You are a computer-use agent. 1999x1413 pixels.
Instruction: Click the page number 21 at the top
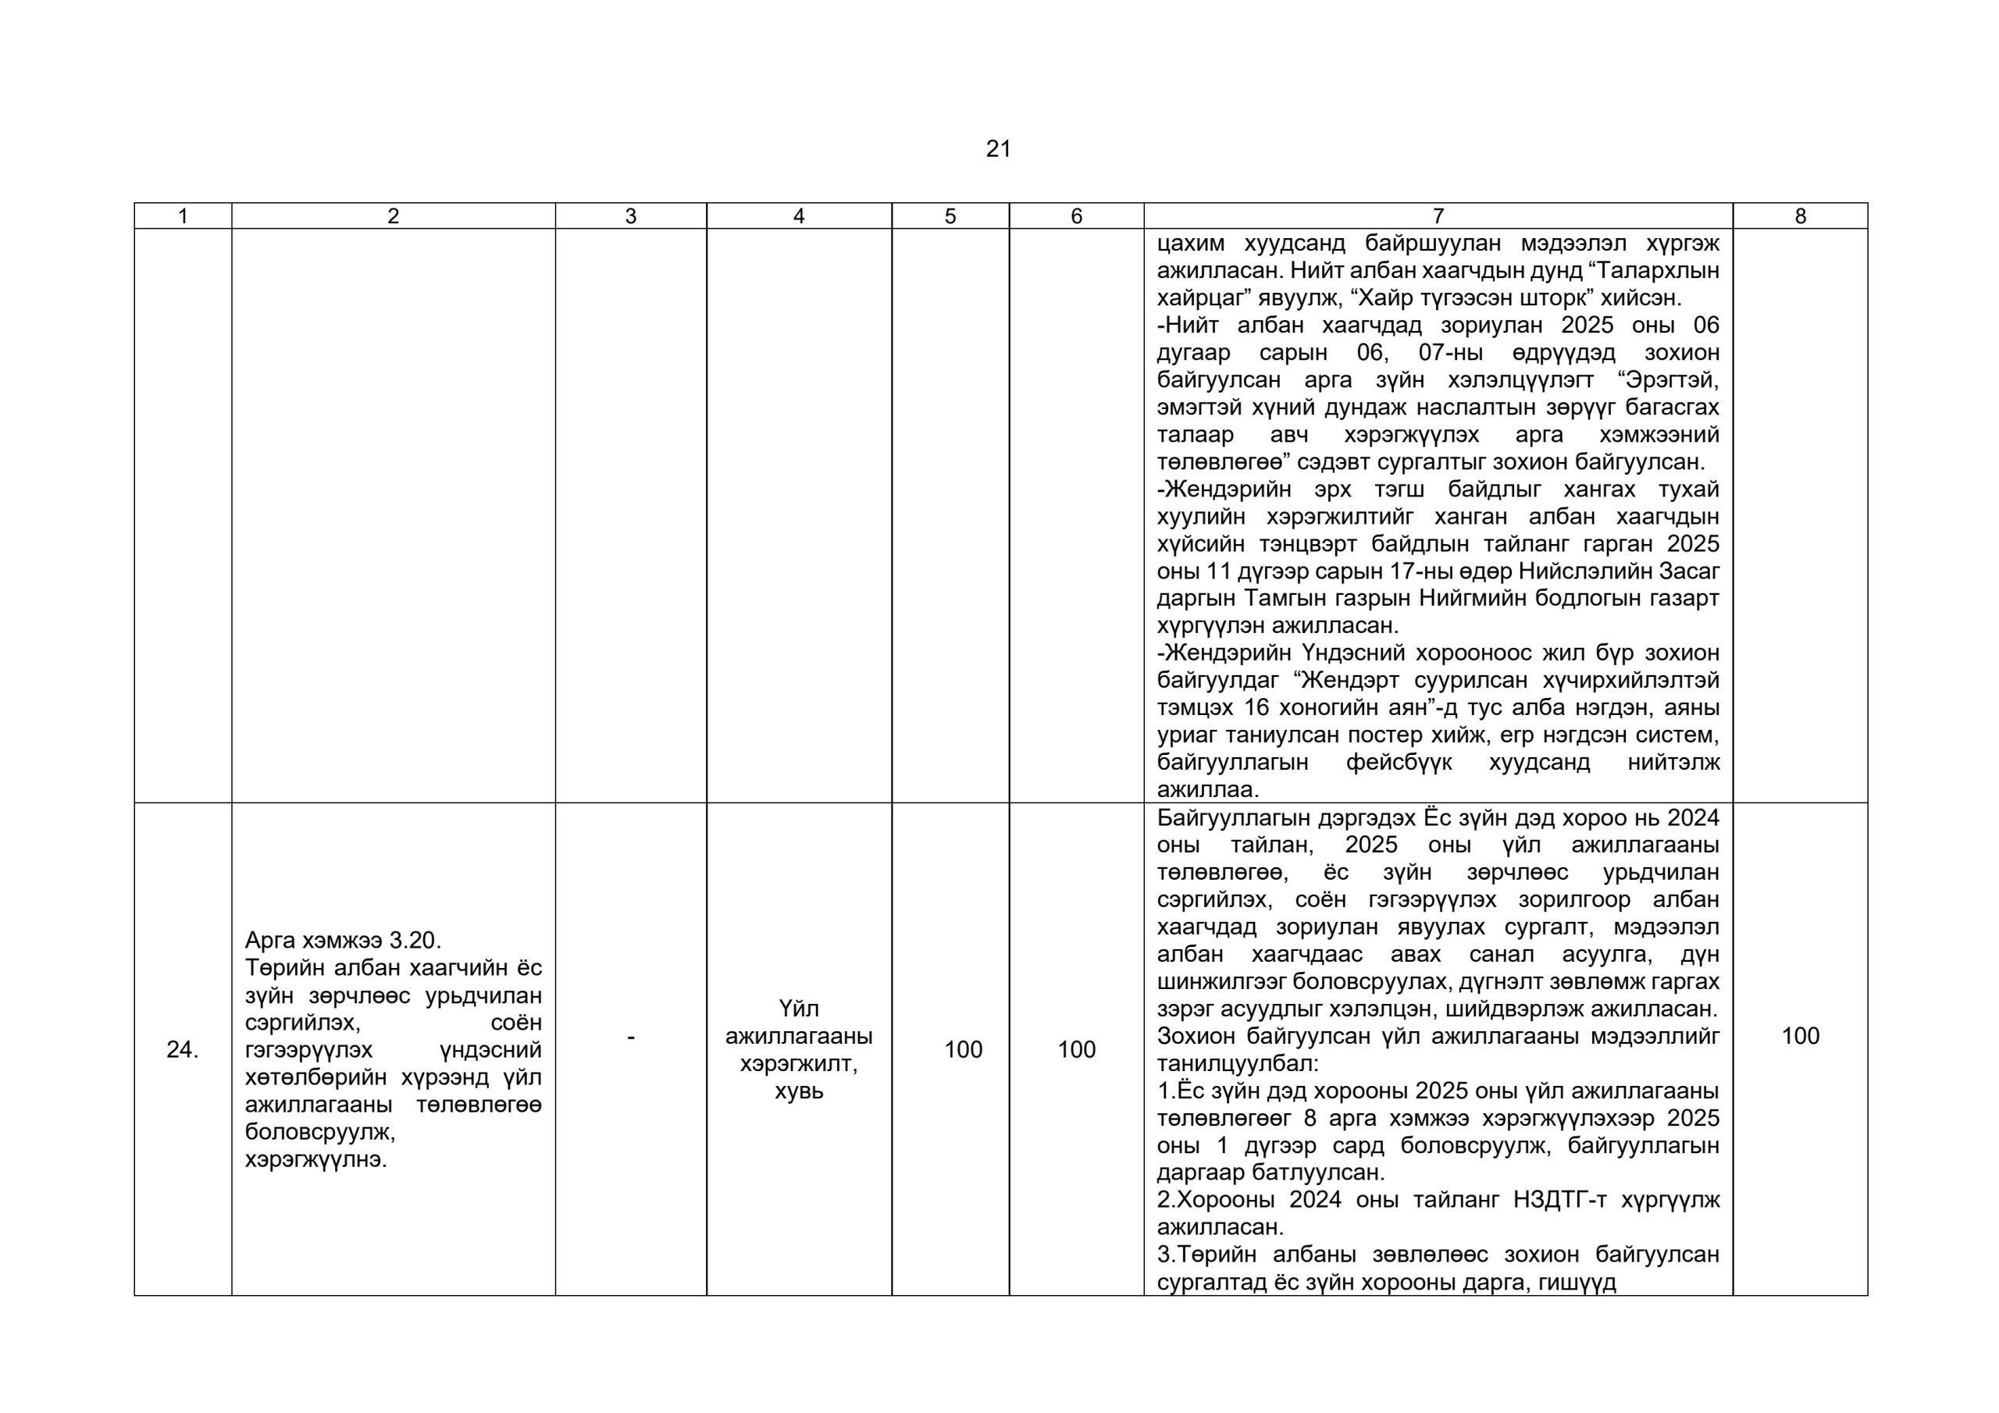pos(999,150)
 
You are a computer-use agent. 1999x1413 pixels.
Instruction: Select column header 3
pos(630,216)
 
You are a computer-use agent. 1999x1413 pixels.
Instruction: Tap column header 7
pos(1438,216)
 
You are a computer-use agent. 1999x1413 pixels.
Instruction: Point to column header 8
pos(1800,216)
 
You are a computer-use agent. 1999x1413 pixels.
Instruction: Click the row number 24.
pos(182,1050)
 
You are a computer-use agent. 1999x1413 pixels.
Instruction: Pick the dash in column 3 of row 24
pos(630,1037)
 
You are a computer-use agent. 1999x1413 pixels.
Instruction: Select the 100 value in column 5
pos(963,1050)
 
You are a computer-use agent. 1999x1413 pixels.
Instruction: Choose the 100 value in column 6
pos(1076,1050)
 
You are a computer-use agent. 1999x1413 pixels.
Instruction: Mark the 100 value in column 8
pos(1800,1036)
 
